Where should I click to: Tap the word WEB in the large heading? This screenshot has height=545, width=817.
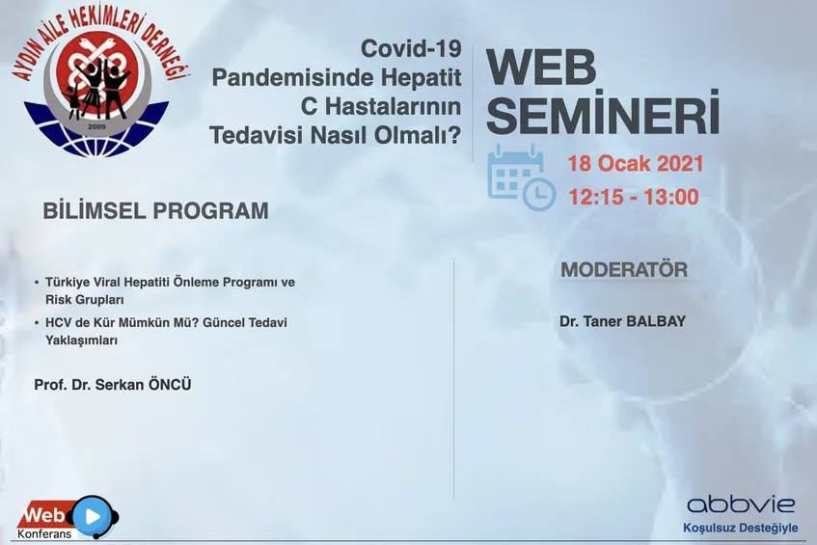[x=541, y=68]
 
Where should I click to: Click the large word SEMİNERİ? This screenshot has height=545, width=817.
[x=604, y=112]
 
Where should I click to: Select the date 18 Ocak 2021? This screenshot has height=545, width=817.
[x=635, y=164]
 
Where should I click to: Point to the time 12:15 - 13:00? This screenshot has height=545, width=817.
[x=633, y=197]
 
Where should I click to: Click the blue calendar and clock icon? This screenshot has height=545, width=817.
[x=522, y=177]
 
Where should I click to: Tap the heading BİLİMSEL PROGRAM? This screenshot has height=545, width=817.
[x=156, y=211]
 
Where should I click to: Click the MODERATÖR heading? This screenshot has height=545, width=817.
[x=624, y=270]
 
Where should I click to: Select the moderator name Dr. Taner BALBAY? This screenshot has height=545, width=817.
[x=623, y=321]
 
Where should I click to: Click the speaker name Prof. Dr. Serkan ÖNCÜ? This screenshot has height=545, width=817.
[x=113, y=385]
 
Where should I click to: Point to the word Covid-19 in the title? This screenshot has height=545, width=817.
[x=411, y=49]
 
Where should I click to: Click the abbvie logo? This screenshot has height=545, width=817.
[x=741, y=504]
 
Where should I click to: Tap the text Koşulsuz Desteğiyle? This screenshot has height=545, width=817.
[x=741, y=528]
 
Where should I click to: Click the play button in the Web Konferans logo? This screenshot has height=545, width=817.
[x=93, y=516]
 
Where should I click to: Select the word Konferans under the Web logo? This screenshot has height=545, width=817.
[x=44, y=534]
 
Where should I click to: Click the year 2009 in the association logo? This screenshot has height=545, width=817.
[x=96, y=126]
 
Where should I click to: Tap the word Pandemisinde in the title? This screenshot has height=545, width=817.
[x=293, y=78]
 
